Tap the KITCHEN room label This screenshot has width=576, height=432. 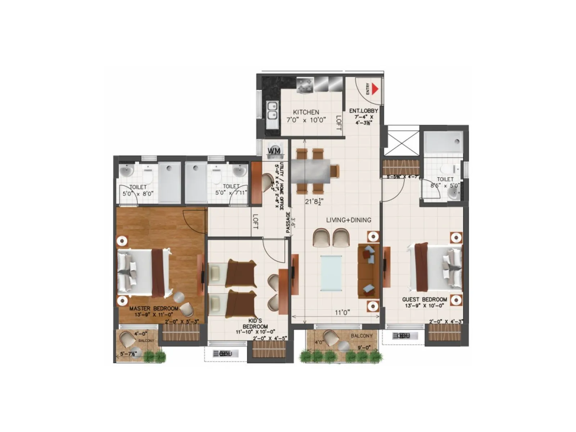point(306,112)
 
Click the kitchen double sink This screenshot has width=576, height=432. point(272,111)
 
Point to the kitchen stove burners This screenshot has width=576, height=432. point(305,86)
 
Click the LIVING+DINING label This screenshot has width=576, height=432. point(348,220)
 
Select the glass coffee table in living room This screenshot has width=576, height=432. point(331,273)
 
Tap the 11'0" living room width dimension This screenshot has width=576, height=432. point(342,312)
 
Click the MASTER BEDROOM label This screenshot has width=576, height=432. point(154,309)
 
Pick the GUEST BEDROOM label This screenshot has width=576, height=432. point(424,300)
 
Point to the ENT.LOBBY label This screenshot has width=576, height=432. point(364,111)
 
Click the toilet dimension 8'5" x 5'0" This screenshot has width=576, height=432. point(445,186)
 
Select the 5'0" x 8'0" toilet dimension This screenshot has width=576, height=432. point(138,193)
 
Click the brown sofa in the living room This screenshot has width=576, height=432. point(368,271)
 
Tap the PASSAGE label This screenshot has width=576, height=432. point(288,224)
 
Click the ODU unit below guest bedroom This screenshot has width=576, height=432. point(403,336)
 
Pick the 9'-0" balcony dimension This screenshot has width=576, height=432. point(364,348)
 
